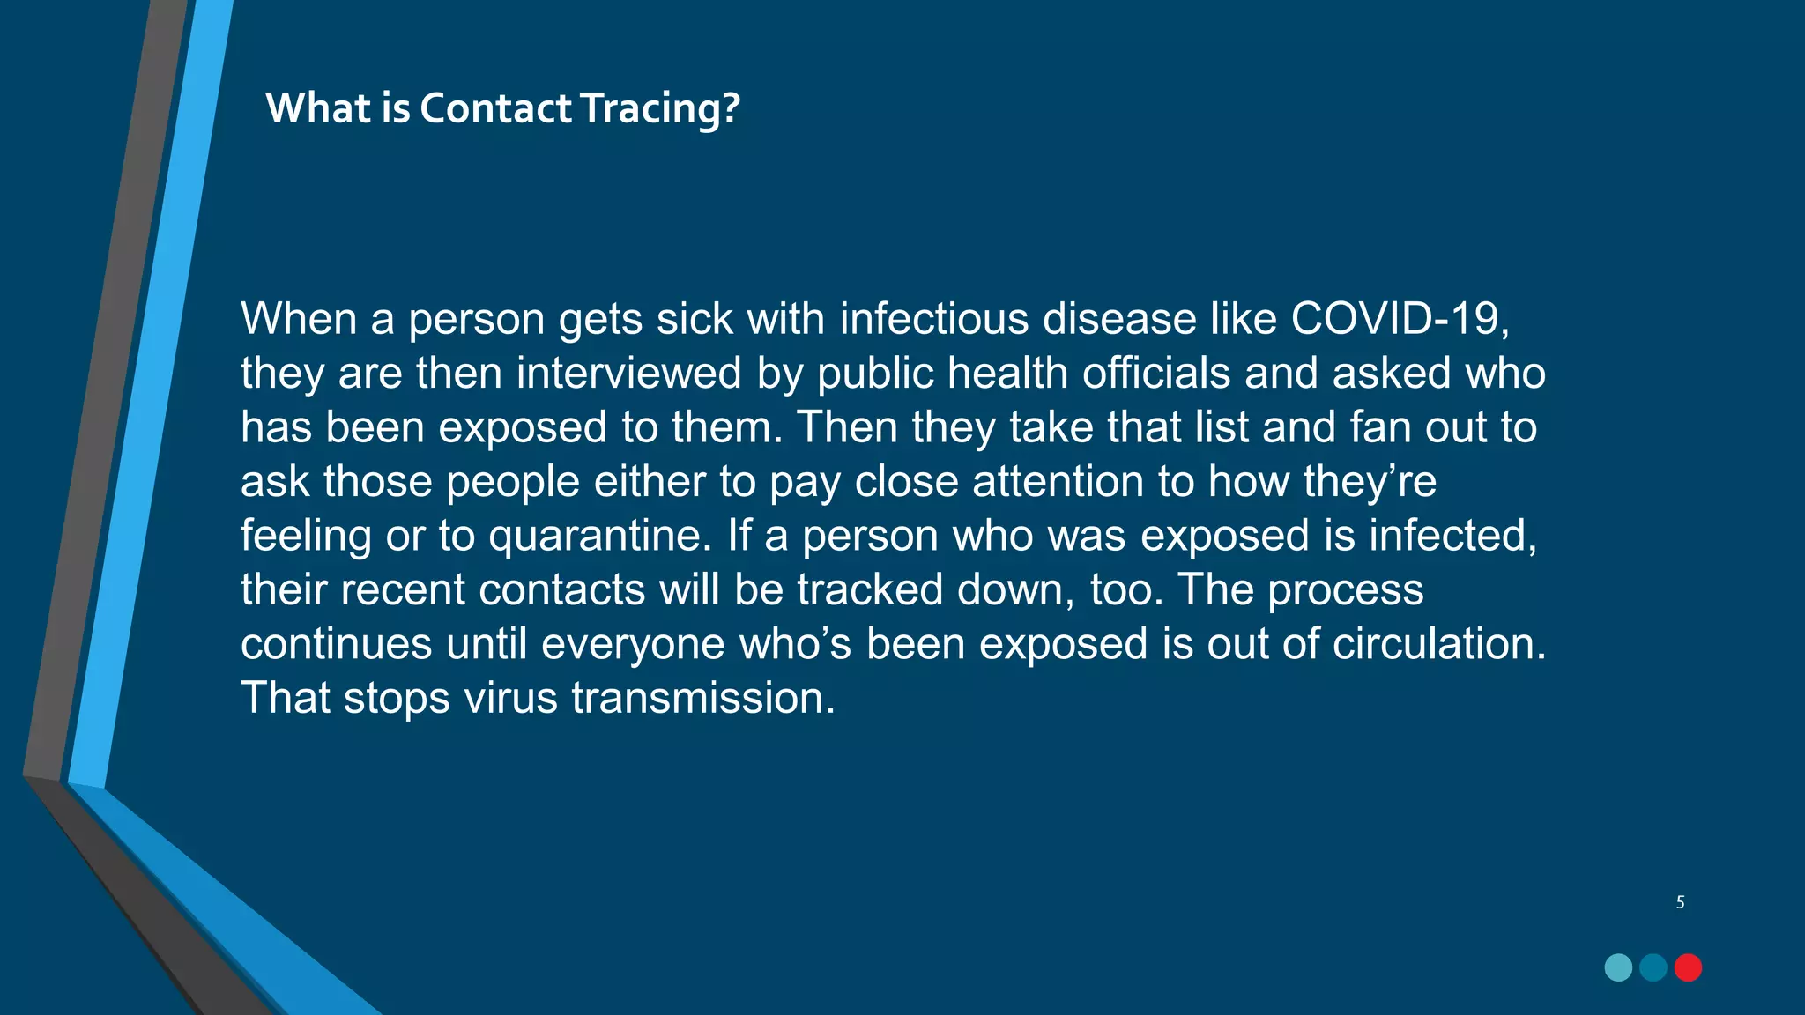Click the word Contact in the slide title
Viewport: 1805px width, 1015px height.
click(x=495, y=108)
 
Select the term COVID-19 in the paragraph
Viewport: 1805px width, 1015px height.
click(x=1400, y=318)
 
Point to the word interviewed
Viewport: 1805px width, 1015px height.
click(x=628, y=373)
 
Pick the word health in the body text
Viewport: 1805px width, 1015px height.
click(x=1007, y=373)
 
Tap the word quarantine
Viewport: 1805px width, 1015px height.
click(x=599, y=537)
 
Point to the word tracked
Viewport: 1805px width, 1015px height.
click(x=870, y=589)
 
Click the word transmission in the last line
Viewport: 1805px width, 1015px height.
click(x=702, y=698)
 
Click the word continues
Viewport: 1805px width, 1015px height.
click(x=336, y=644)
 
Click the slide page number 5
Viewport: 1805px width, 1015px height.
click(x=1681, y=902)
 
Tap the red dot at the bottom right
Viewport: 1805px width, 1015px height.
click(x=1688, y=967)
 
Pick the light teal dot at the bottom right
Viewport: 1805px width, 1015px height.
click(x=1618, y=967)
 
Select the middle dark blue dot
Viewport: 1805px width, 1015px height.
click(x=1653, y=967)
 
